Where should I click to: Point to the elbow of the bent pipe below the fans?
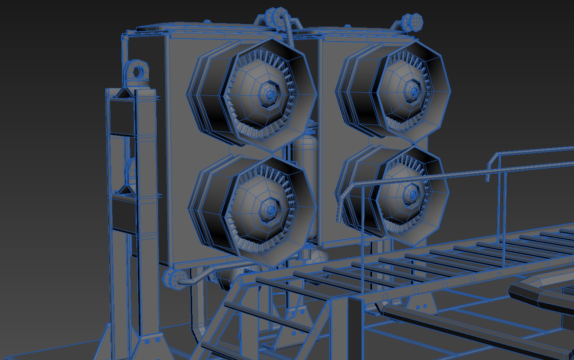pos(203,273)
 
